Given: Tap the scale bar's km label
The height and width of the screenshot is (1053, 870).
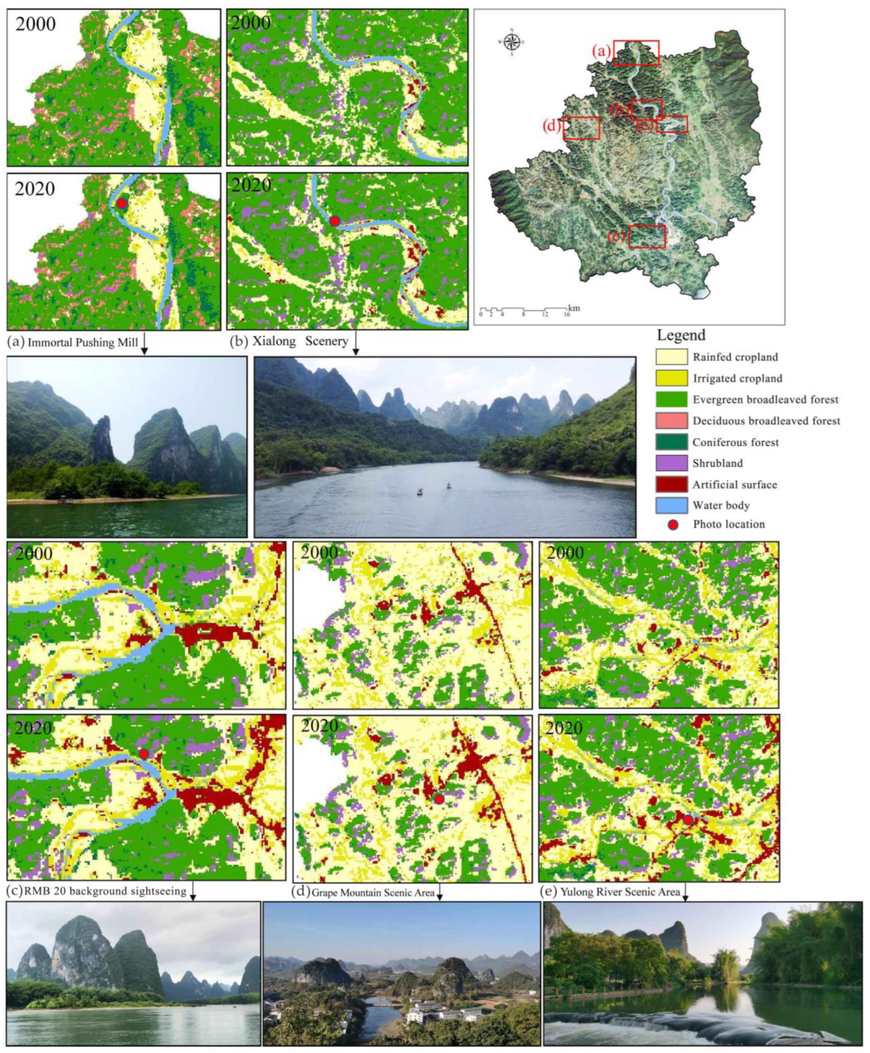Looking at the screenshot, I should [x=574, y=308].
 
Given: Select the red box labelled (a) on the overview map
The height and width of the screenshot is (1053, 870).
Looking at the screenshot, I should [x=636, y=53].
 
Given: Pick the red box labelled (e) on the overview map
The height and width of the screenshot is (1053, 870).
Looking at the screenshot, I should [x=647, y=237].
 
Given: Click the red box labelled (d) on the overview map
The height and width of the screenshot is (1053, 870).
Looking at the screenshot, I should [x=582, y=128].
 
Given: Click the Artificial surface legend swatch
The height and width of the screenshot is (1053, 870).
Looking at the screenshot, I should [x=671, y=485].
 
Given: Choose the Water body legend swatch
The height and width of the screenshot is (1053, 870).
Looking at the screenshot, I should [x=671, y=506].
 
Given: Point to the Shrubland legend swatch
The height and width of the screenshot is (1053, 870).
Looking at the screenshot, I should [x=671, y=464].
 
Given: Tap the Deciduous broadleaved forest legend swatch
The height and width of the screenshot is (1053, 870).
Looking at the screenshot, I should [x=671, y=421].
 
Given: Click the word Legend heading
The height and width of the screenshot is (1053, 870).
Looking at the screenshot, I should [x=681, y=335].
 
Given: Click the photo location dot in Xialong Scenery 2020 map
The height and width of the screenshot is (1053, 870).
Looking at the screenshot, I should [x=335, y=221].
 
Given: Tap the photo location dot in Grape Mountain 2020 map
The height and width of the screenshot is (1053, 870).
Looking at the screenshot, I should [x=439, y=799].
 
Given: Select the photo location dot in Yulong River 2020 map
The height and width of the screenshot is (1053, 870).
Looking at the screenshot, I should [x=688, y=819].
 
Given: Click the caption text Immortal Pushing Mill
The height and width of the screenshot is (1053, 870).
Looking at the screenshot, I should [x=82, y=343].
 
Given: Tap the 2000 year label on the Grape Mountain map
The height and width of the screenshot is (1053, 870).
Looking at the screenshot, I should [x=319, y=552].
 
